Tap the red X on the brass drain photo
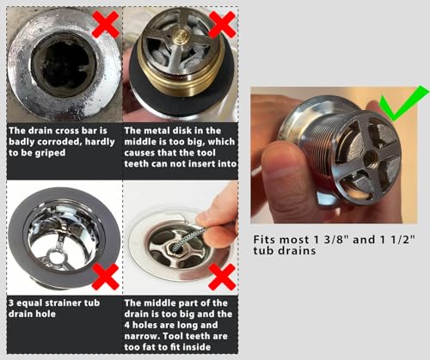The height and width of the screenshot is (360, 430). pyautogui.click(x=221, y=25)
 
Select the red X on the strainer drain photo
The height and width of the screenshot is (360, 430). pyautogui.click(x=104, y=275)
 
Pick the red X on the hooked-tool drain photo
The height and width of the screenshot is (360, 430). pyautogui.click(x=222, y=275)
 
